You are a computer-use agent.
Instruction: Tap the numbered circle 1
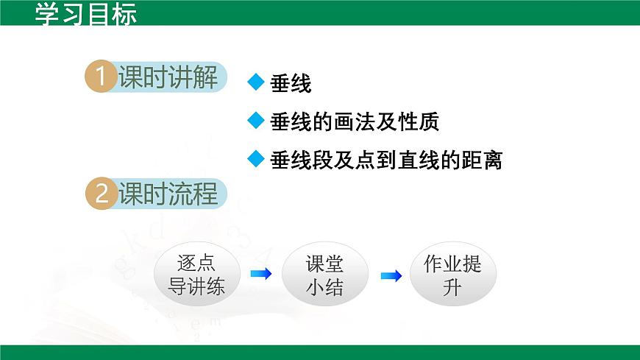pyautogui.click(x=102, y=77)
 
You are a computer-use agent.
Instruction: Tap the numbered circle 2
pyautogui.click(x=102, y=194)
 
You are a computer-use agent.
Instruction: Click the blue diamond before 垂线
pyautogui.click(x=255, y=82)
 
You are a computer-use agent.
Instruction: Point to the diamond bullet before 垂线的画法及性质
pyautogui.click(x=255, y=121)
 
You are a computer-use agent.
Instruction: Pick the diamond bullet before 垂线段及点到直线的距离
pyautogui.click(x=255, y=159)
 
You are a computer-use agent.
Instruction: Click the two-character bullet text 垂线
pyautogui.click(x=291, y=84)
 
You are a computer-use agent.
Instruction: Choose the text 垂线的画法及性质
pyautogui.click(x=355, y=121)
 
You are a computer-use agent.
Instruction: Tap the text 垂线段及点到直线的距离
pyautogui.click(x=386, y=160)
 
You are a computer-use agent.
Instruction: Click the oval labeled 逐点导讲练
pyautogui.click(x=196, y=275)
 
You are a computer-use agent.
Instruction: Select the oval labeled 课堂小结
pyautogui.click(x=324, y=275)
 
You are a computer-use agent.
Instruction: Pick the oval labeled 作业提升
pyautogui.click(x=452, y=275)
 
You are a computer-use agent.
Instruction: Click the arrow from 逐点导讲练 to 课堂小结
pyautogui.click(x=260, y=275)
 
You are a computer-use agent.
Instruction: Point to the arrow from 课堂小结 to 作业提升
pyautogui.click(x=391, y=276)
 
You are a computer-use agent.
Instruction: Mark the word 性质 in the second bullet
pyautogui.click(x=421, y=121)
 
